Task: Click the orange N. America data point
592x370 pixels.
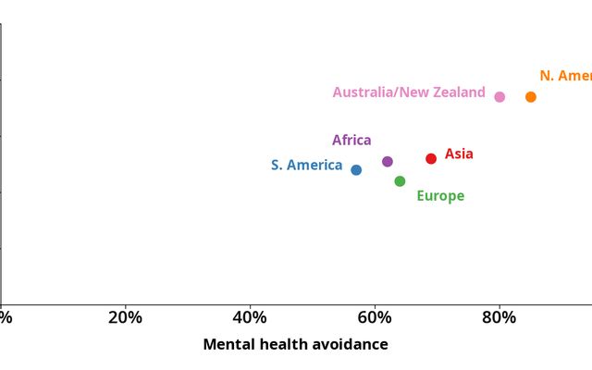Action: tap(531, 97)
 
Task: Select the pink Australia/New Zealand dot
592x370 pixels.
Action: tap(499, 97)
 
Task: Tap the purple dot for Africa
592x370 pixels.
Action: tap(388, 162)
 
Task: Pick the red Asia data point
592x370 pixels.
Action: tap(431, 159)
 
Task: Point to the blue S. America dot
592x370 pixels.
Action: tap(356, 170)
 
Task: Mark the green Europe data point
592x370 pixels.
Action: tap(400, 181)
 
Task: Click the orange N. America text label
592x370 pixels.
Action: tap(565, 76)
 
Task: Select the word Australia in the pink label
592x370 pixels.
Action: tap(366, 92)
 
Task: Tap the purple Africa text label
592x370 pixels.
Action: tap(351, 141)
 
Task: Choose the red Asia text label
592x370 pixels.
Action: tap(459, 154)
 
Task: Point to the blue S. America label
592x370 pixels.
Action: tap(306, 166)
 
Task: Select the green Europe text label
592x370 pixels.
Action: tap(440, 196)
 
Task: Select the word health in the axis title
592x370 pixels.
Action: tap(278, 345)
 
